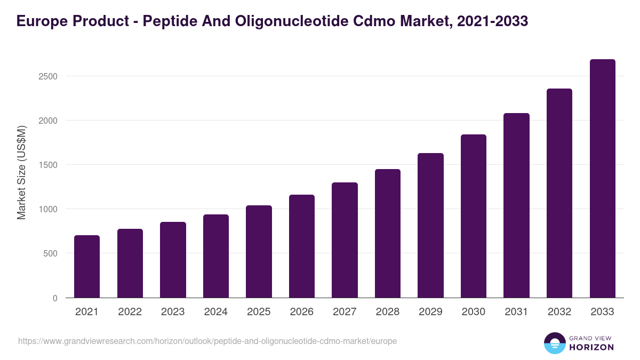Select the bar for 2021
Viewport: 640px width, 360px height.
tap(87, 267)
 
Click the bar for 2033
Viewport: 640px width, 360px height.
tap(603, 179)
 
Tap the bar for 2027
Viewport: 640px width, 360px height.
tap(345, 240)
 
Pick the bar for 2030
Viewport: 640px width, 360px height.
tap(474, 216)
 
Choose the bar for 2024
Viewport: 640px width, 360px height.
tap(216, 256)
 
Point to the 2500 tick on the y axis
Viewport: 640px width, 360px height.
tap(48, 76)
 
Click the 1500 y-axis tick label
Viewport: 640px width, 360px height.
tap(48, 165)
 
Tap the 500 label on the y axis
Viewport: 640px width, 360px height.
tap(50, 253)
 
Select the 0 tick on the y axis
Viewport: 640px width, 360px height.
tap(55, 298)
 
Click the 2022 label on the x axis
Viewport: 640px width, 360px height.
tap(130, 312)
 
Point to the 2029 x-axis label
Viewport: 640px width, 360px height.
tap(430, 312)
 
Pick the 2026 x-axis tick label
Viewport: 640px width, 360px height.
tap(302, 312)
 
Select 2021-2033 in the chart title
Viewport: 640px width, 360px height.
tap(493, 21)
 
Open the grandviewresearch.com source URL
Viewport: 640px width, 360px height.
tap(207, 341)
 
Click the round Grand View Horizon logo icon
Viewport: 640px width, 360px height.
tap(554, 343)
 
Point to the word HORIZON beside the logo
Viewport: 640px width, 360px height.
tap(591, 347)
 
